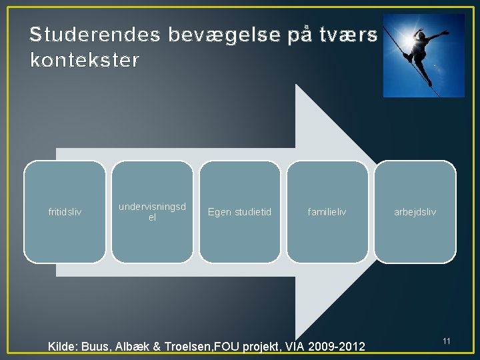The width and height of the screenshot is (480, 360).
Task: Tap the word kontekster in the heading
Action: pyautogui.click(x=85, y=61)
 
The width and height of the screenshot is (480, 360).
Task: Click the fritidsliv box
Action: pyautogui.click(x=65, y=212)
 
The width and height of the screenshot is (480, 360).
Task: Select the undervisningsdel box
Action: pyautogui.click(x=152, y=212)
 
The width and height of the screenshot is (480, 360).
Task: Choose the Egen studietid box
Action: pyautogui.click(x=240, y=212)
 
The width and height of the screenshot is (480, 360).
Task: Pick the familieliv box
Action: pyautogui.click(x=327, y=212)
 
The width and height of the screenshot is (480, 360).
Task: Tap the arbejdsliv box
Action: pyautogui.click(x=415, y=212)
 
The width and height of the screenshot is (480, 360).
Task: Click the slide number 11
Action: pyautogui.click(x=447, y=341)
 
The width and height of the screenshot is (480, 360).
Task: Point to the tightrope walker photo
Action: pyautogui.click(x=423, y=55)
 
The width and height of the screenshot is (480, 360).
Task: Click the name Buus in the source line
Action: pyautogui.click(x=99, y=347)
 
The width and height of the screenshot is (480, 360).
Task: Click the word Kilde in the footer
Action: pyautogui.click(x=63, y=347)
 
